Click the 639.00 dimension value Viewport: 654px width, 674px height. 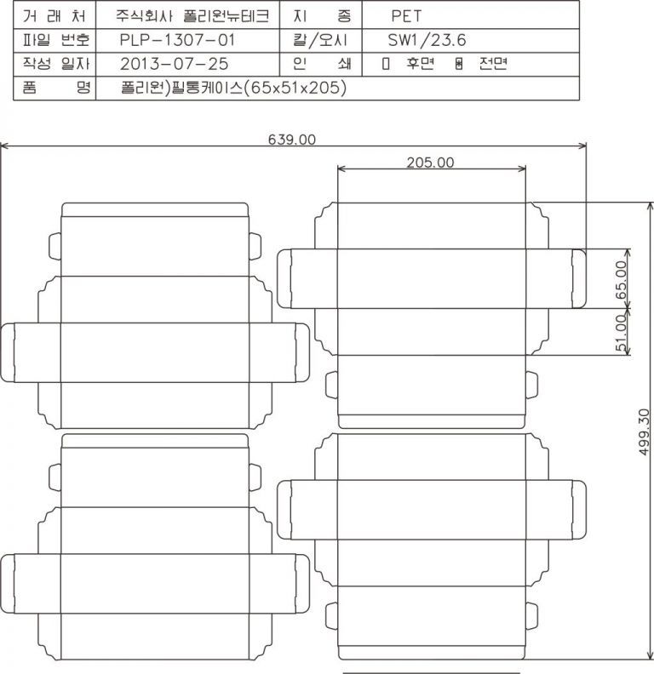pos(292,140)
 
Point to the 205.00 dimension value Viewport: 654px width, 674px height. pos(430,163)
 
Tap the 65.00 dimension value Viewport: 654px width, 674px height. pos(622,280)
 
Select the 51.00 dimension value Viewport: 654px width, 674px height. pos(622,333)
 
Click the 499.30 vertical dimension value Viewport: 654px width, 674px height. pos(644,431)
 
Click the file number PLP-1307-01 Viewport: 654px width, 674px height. pos(177,40)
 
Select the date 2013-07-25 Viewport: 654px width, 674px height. pos(175,64)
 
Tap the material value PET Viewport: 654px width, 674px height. pos(406,16)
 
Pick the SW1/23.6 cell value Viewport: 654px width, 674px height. pos(427,40)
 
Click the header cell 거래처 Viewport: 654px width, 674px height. pos(54,16)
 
